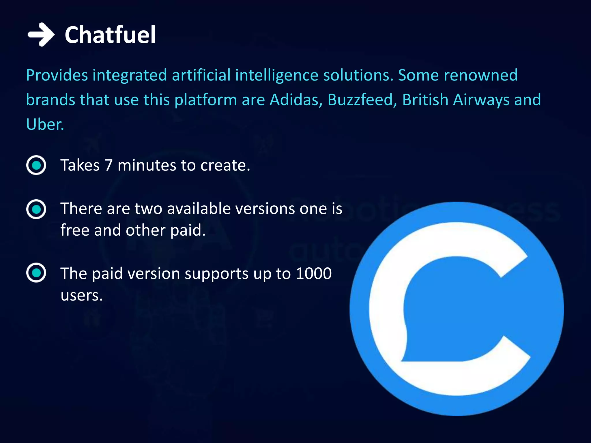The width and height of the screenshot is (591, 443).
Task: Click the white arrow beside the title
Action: pos(41,35)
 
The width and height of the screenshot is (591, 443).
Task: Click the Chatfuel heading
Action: pos(110,35)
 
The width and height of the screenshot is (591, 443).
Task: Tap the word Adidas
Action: pos(295,100)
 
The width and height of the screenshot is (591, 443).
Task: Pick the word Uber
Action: pos(44,125)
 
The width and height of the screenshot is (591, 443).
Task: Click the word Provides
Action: pos(57,75)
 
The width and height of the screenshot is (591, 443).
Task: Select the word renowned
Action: pos(480,75)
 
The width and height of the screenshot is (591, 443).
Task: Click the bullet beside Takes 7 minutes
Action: pos(36,165)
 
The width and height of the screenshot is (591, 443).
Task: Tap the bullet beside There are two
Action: pos(36,209)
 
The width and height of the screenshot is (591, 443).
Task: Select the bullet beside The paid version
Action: pos(36,273)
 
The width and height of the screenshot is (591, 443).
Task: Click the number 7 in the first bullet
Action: pos(109,166)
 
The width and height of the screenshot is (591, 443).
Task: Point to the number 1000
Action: pos(314,273)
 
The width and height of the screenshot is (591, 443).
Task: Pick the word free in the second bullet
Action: pos(75,230)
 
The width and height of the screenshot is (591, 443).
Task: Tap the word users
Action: pos(81,295)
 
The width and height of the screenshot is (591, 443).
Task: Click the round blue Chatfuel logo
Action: pos(457,309)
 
